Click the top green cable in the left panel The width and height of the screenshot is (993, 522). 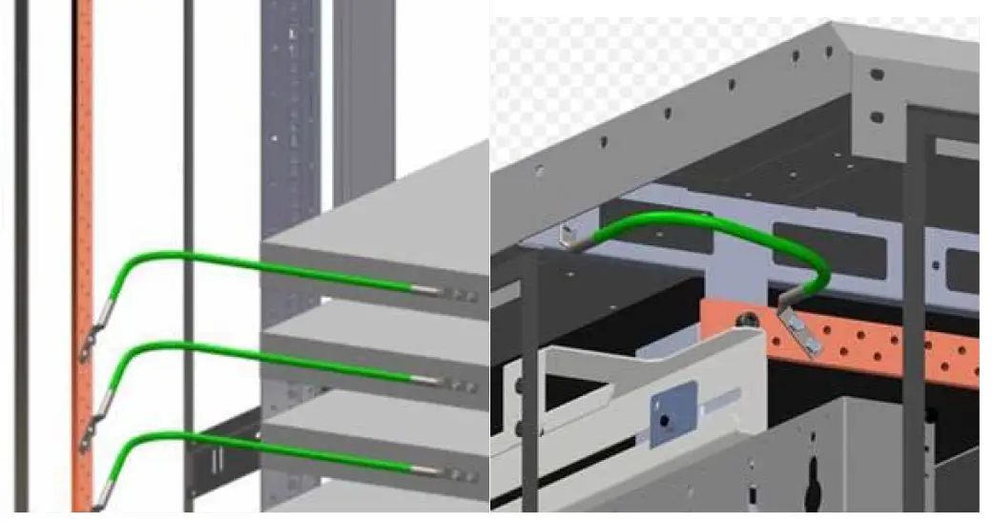point(238,261)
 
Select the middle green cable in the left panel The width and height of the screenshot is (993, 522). point(238,354)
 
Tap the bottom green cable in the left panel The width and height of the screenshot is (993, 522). point(238,442)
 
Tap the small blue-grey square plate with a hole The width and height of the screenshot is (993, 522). point(665,417)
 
